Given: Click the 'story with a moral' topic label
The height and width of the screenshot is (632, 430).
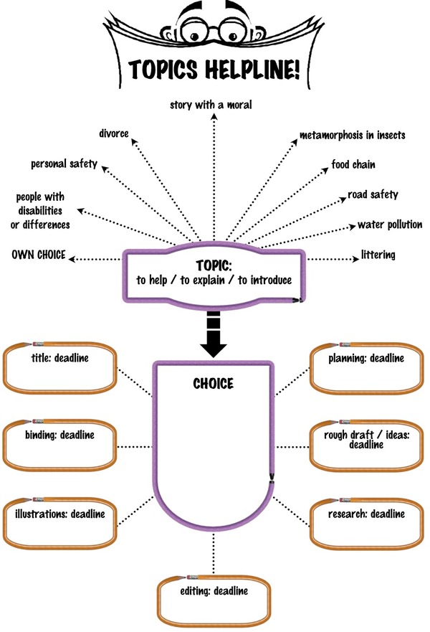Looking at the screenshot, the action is (x=211, y=105).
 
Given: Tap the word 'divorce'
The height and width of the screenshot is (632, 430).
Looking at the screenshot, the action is (x=114, y=133).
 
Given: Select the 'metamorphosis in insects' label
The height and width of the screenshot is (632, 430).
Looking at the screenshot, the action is (x=353, y=135).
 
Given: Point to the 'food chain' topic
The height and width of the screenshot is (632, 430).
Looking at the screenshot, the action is (x=353, y=164).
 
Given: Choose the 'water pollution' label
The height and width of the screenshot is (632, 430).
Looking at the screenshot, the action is (x=390, y=225).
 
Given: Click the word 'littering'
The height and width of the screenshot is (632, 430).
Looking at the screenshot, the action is (x=378, y=255).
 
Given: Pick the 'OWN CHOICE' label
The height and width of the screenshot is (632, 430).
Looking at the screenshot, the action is (x=39, y=255).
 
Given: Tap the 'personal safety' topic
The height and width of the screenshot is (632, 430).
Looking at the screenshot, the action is (x=64, y=164).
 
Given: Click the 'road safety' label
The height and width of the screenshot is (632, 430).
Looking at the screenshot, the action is (x=373, y=194).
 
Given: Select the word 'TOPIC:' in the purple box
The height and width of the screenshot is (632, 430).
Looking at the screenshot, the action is (x=214, y=265).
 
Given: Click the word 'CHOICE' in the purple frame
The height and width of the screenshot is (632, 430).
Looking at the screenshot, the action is (x=214, y=383).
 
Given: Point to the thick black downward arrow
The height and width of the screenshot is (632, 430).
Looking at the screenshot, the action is (x=214, y=334).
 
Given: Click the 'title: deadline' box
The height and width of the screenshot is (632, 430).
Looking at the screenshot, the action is (x=60, y=367).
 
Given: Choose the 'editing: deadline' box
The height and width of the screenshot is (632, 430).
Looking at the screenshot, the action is (x=214, y=600).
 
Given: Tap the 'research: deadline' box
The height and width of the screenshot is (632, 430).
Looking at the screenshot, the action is (x=366, y=524).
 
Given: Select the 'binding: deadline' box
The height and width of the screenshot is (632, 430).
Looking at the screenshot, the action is (x=60, y=445).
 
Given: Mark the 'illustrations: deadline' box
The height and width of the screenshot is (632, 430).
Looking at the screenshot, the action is (x=60, y=524).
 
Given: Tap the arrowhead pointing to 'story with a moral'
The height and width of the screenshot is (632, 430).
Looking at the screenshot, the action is (x=214, y=117).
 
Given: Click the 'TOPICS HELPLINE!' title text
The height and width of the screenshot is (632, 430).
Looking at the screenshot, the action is (x=214, y=69).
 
